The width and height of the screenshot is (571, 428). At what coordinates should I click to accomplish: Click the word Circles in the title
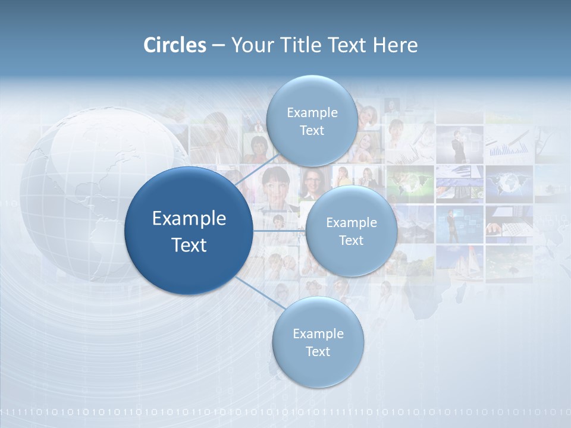(175, 45)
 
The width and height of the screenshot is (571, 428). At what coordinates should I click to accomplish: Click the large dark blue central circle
(189, 231)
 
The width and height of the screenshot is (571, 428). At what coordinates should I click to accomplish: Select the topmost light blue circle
(312, 121)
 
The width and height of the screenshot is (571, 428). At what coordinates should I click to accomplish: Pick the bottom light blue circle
(318, 342)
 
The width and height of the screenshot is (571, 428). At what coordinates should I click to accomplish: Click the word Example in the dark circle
(189, 218)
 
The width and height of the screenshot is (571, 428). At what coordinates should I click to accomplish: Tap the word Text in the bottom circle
(318, 351)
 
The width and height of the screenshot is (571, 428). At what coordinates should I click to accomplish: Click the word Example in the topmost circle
(312, 112)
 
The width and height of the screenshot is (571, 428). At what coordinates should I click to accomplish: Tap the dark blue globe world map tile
(509, 181)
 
